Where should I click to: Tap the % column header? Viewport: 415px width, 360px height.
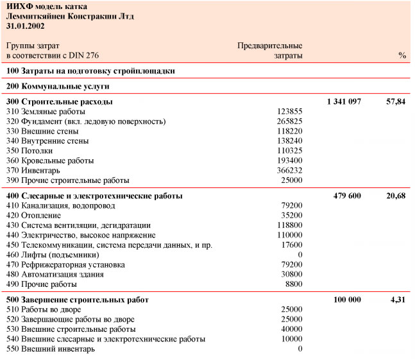[402, 56]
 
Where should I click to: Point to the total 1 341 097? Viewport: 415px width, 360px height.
[344, 101]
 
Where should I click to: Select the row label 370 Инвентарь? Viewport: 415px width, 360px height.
[33, 170]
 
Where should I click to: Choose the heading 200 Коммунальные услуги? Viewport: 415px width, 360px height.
[58, 85]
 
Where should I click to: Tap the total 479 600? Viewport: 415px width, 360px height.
[347, 196]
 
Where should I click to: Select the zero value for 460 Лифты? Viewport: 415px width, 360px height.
[300, 255]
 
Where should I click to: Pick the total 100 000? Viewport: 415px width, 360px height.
[347, 300]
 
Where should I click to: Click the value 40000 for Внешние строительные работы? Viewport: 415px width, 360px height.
[292, 329]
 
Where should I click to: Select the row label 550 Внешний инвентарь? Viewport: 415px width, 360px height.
[51, 348]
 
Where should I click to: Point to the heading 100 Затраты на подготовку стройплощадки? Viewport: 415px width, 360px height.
[90, 71]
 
